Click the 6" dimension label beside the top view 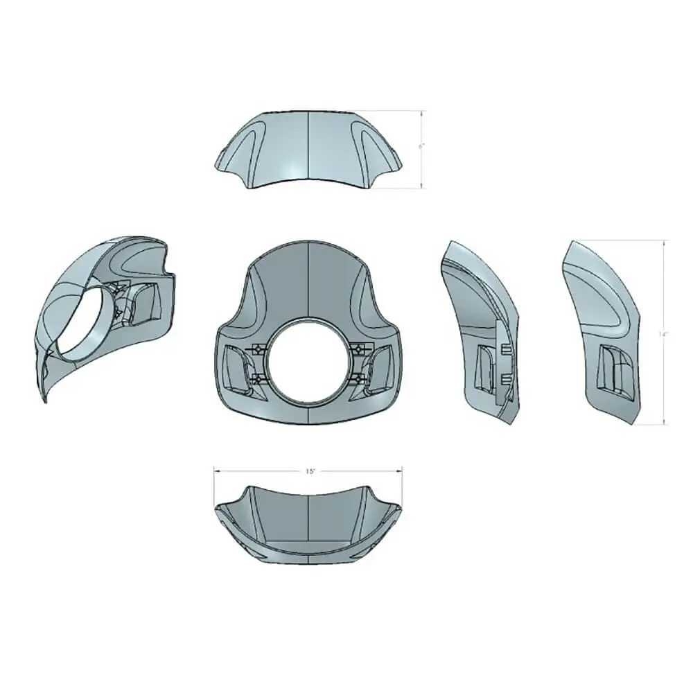[x=419, y=148]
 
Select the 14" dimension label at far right [x=663, y=333]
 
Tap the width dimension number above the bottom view [x=310, y=471]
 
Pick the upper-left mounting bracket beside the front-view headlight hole [x=256, y=348]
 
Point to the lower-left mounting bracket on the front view [x=258, y=378]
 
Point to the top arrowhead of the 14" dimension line [x=666, y=243]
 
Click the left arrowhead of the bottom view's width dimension [x=216, y=471]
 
